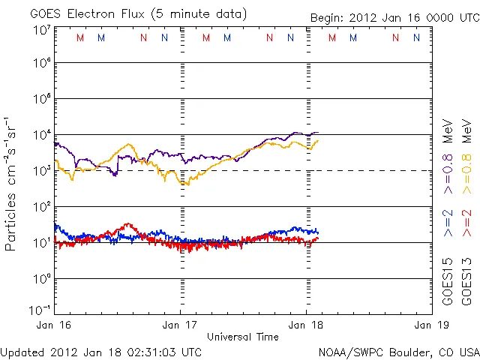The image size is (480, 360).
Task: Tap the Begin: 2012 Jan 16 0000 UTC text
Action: coord(394,18)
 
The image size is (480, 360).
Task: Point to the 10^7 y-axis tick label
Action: coord(41,30)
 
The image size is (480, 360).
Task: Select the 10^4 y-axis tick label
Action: coord(41,135)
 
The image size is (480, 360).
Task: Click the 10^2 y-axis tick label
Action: coord(41,207)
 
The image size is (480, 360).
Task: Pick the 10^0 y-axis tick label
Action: coord(41,279)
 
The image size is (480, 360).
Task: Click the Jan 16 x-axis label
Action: coord(55,325)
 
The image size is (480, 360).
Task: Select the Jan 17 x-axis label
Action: coord(181,325)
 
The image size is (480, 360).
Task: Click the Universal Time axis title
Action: coord(243,337)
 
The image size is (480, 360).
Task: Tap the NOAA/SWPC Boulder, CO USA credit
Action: coord(398,352)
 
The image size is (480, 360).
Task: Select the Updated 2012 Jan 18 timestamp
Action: coord(101,352)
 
